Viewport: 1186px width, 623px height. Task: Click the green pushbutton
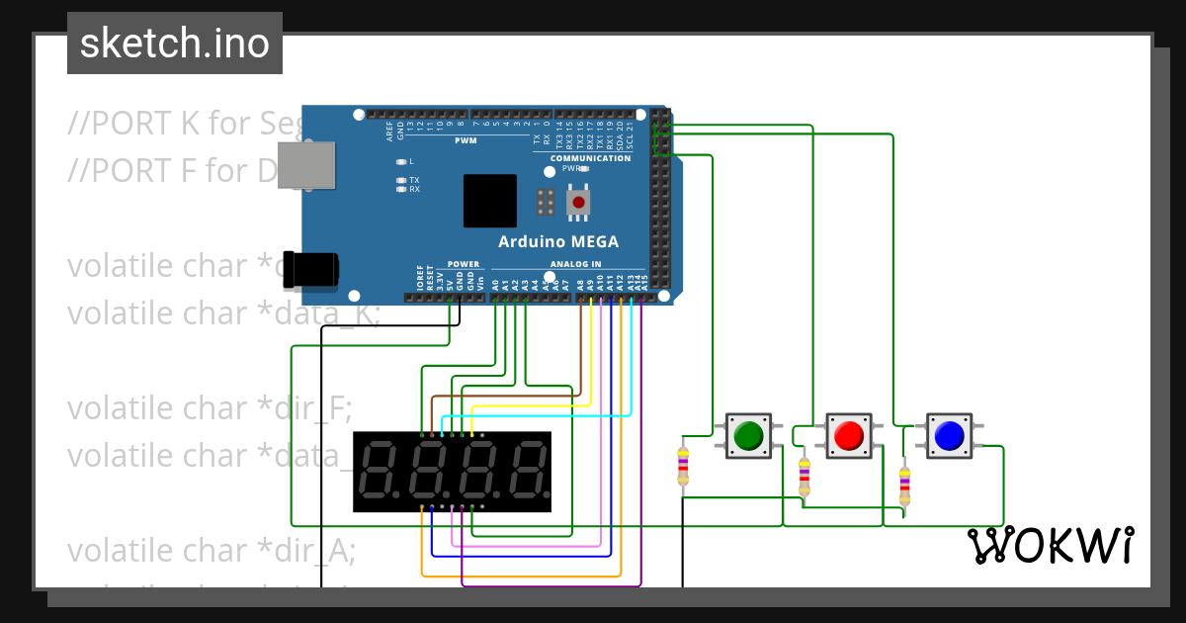pyautogui.click(x=748, y=435)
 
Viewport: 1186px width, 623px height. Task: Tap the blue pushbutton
pyautogui.click(x=949, y=435)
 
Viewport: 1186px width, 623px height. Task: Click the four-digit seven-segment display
pyautogui.click(x=452, y=472)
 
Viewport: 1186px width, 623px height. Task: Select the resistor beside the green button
pyautogui.click(x=683, y=466)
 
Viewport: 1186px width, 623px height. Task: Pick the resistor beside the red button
pyautogui.click(x=804, y=477)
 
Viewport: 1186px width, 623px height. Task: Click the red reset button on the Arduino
pyautogui.click(x=579, y=203)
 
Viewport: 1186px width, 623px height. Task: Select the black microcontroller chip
pyautogui.click(x=490, y=201)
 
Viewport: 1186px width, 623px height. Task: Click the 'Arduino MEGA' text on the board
pyautogui.click(x=558, y=241)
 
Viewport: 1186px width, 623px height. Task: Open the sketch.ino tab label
pyautogui.click(x=175, y=44)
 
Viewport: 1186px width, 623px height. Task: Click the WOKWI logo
pyautogui.click(x=1050, y=545)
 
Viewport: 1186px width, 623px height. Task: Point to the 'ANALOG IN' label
pyautogui.click(x=574, y=264)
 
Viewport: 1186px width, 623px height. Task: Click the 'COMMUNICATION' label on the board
pyautogui.click(x=590, y=158)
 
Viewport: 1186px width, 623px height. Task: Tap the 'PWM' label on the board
pyautogui.click(x=466, y=140)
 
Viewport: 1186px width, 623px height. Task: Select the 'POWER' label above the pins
pyautogui.click(x=463, y=264)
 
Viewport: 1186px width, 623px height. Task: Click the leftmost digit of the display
pyautogui.click(x=381, y=471)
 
